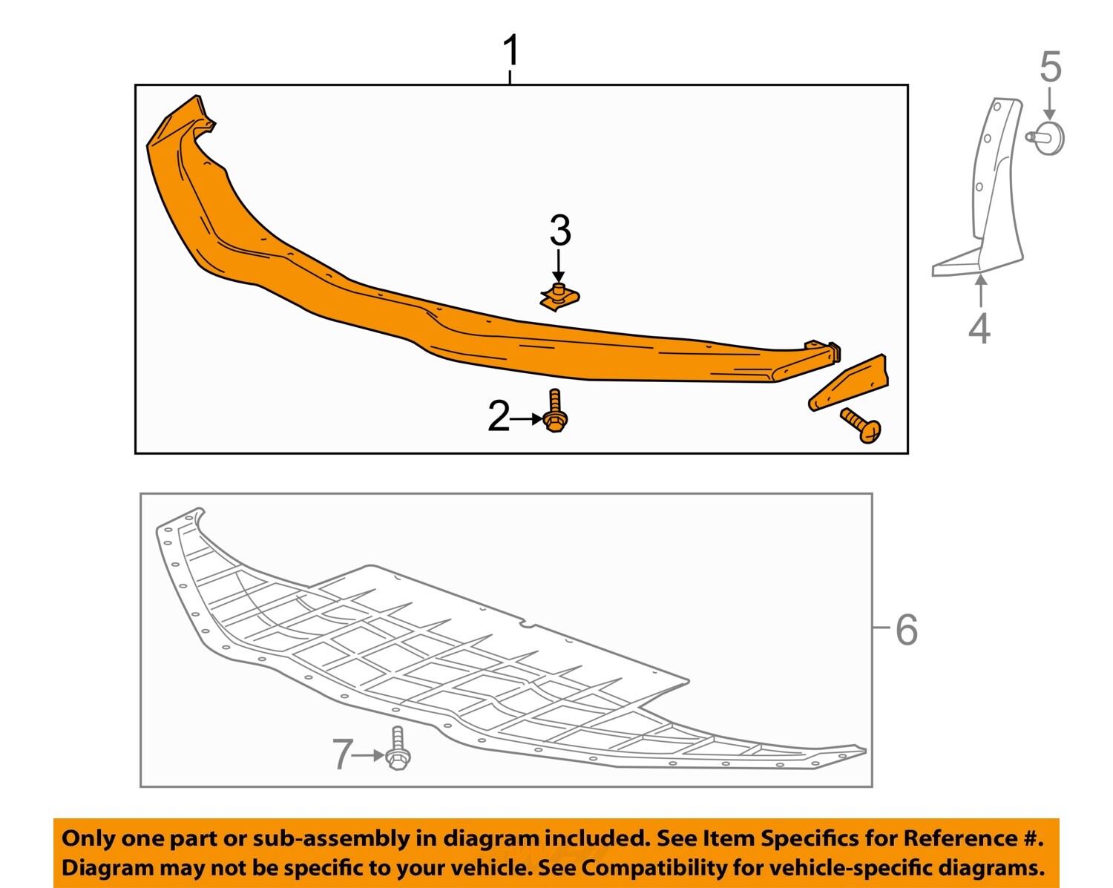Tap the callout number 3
tap(560, 231)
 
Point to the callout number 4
tap(979, 328)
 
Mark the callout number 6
tap(907, 630)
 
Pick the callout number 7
tap(341, 754)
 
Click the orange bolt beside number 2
tap(555, 412)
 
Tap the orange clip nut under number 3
tap(559, 297)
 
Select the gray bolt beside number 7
tap(398, 749)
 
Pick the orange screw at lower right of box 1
tap(861, 425)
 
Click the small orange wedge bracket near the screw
tap(849, 384)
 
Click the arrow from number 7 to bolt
tap(369, 755)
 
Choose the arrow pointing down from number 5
tap(1049, 104)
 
